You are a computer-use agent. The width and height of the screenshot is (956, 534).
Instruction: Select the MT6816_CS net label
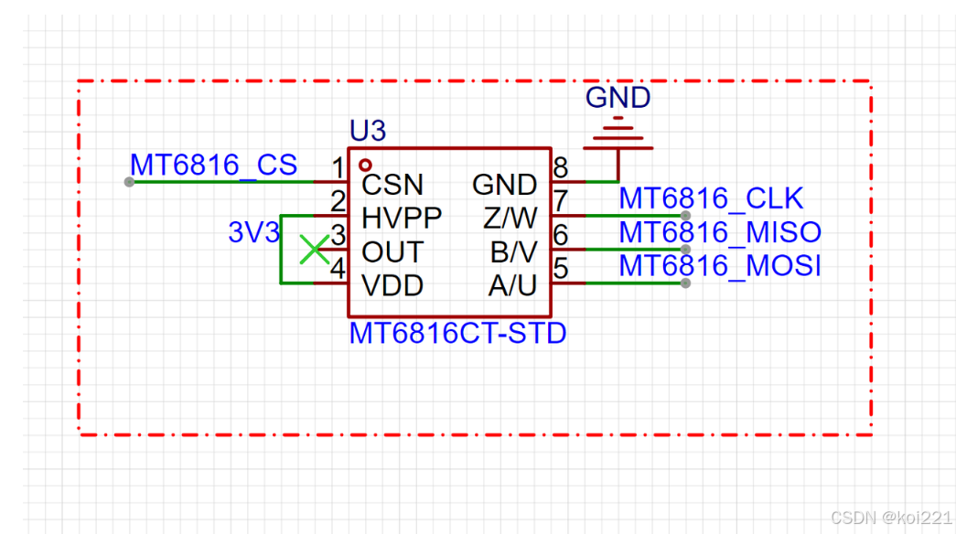213,165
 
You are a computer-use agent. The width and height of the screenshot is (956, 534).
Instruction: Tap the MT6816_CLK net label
711,198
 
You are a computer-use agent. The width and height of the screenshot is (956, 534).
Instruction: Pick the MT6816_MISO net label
720,232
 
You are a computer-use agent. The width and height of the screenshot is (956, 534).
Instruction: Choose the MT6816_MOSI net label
720,266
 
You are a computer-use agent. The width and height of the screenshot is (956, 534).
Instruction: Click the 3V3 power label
253,233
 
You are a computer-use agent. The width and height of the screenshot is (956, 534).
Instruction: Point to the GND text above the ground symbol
618,98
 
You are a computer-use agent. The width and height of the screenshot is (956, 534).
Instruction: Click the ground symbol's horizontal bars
618,135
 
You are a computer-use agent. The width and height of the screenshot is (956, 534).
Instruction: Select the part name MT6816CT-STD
457,333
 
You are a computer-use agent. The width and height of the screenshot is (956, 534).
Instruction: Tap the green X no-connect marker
315,249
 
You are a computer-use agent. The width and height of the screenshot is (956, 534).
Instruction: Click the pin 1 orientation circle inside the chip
366,166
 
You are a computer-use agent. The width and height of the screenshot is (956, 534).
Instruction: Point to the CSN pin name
392,185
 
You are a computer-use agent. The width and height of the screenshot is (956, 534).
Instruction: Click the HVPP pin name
402,219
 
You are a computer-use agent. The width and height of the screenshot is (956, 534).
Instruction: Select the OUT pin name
392,252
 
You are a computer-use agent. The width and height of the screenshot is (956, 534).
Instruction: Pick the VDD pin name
392,286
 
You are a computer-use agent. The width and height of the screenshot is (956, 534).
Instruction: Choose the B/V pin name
511,252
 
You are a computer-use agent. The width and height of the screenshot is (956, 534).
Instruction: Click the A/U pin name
512,286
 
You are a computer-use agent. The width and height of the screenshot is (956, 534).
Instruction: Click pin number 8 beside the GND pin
561,167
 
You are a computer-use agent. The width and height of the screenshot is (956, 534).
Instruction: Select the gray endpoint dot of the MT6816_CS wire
129,182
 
